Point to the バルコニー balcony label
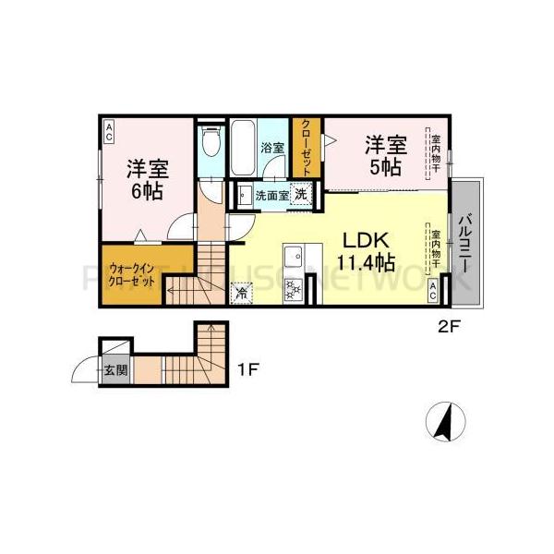(469, 241)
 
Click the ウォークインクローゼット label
(130, 273)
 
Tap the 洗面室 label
(270, 195)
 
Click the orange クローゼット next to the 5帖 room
(306, 148)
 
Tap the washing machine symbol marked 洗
(300, 194)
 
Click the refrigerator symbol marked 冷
(241, 294)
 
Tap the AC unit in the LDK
(433, 290)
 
